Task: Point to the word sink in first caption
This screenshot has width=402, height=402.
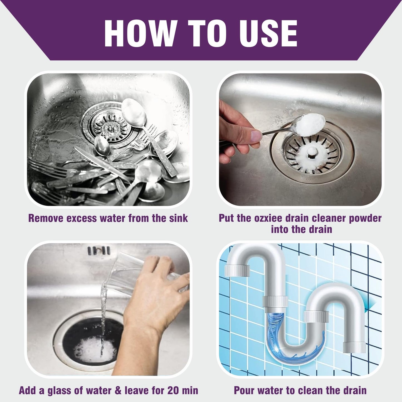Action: pyautogui.click(x=178, y=218)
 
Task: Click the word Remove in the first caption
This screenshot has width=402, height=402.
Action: pyautogui.click(x=45, y=218)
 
